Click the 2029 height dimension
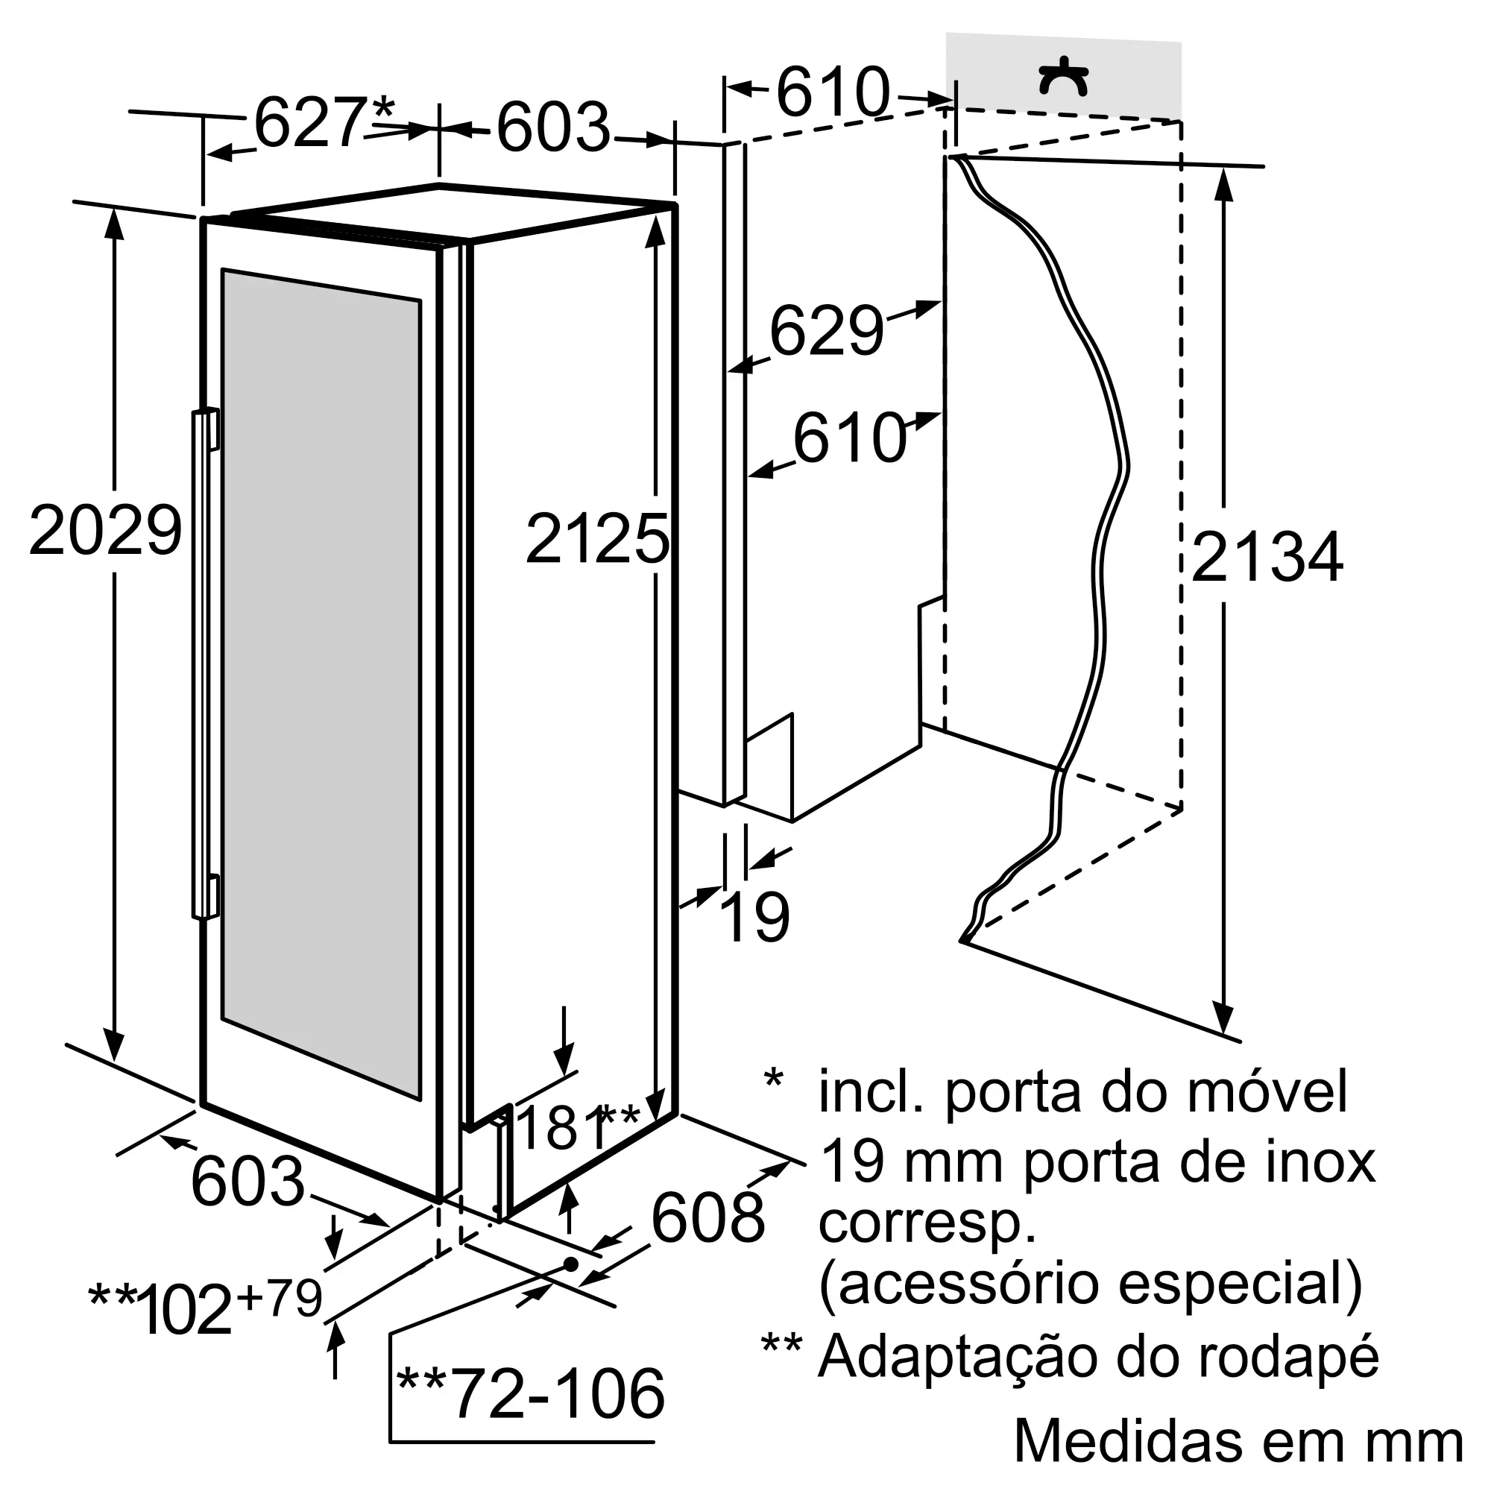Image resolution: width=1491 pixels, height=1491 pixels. click(x=106, y=529)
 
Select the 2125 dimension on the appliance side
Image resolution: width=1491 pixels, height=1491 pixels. click(x=597, y=539)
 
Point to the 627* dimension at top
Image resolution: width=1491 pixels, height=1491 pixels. click(x=325, y=122)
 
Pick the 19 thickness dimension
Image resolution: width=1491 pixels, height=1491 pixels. click(x=754, y=916)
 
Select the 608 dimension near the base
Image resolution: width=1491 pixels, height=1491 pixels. click(x=707, y=1217)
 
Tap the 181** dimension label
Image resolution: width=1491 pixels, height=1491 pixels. click(x=577, y=1127)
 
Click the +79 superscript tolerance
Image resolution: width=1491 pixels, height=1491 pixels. click(x=280, y=1298)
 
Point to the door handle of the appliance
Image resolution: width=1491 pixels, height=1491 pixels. click(x=204, y=664)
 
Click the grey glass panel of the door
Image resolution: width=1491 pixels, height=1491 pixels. click(x=321, y=683)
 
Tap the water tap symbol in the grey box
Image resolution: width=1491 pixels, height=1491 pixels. click(x=1064, y=78)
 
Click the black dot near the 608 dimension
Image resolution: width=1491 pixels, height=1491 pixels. click(x=571, y=1264)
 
